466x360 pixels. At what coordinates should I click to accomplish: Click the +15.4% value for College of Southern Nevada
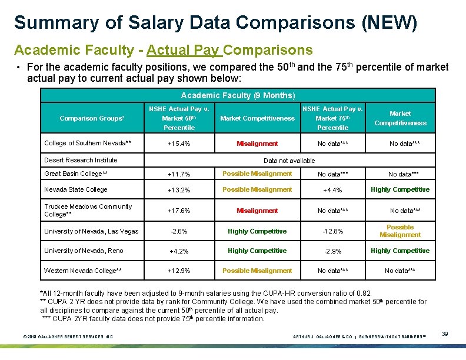tap(179, 143)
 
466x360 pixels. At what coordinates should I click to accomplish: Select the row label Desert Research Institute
tap(81, 160)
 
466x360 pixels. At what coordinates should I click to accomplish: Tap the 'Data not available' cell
tap(289, 161)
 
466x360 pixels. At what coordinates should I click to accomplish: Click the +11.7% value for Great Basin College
tap(179, 175)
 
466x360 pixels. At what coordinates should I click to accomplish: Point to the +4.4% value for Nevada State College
tap(333, 190)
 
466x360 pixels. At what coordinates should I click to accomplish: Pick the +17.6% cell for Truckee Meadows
tap(179, 211)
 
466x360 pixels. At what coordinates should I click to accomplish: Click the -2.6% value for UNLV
tap(179, 232)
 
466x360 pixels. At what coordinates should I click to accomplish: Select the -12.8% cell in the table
tap(333, 232)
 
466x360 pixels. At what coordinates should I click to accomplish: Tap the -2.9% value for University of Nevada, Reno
tap(333, 251)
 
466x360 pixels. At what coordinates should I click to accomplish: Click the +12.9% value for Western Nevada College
tap(179, 271)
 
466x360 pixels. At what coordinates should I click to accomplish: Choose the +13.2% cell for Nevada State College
tap(179, 190)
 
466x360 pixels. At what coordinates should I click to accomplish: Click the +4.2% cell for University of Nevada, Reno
tap(179, 251)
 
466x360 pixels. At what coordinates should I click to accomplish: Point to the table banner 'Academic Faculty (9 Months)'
tap(238, 95)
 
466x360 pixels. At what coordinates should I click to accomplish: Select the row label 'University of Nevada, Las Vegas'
tap(91, 231)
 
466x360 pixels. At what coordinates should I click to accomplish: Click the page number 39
tap(445, 334)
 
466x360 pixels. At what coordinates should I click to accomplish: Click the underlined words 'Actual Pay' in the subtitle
tap(184, 49)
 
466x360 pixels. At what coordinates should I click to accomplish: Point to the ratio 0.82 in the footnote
tap(365, 294)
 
